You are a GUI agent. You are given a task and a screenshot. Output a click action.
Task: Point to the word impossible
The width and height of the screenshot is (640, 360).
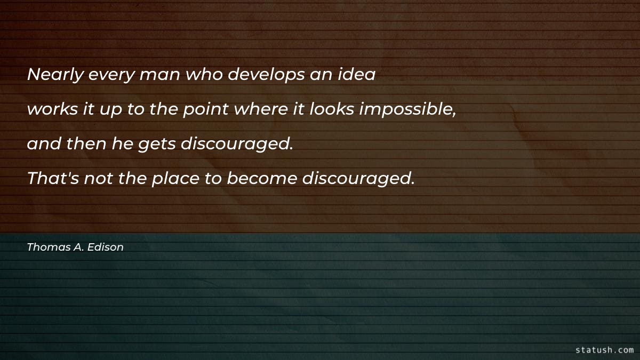coord(410,110)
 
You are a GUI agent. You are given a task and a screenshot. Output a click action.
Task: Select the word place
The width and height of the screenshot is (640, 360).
coord(174,179)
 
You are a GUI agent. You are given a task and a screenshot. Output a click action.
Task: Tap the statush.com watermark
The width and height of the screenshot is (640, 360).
coord(605,350)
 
